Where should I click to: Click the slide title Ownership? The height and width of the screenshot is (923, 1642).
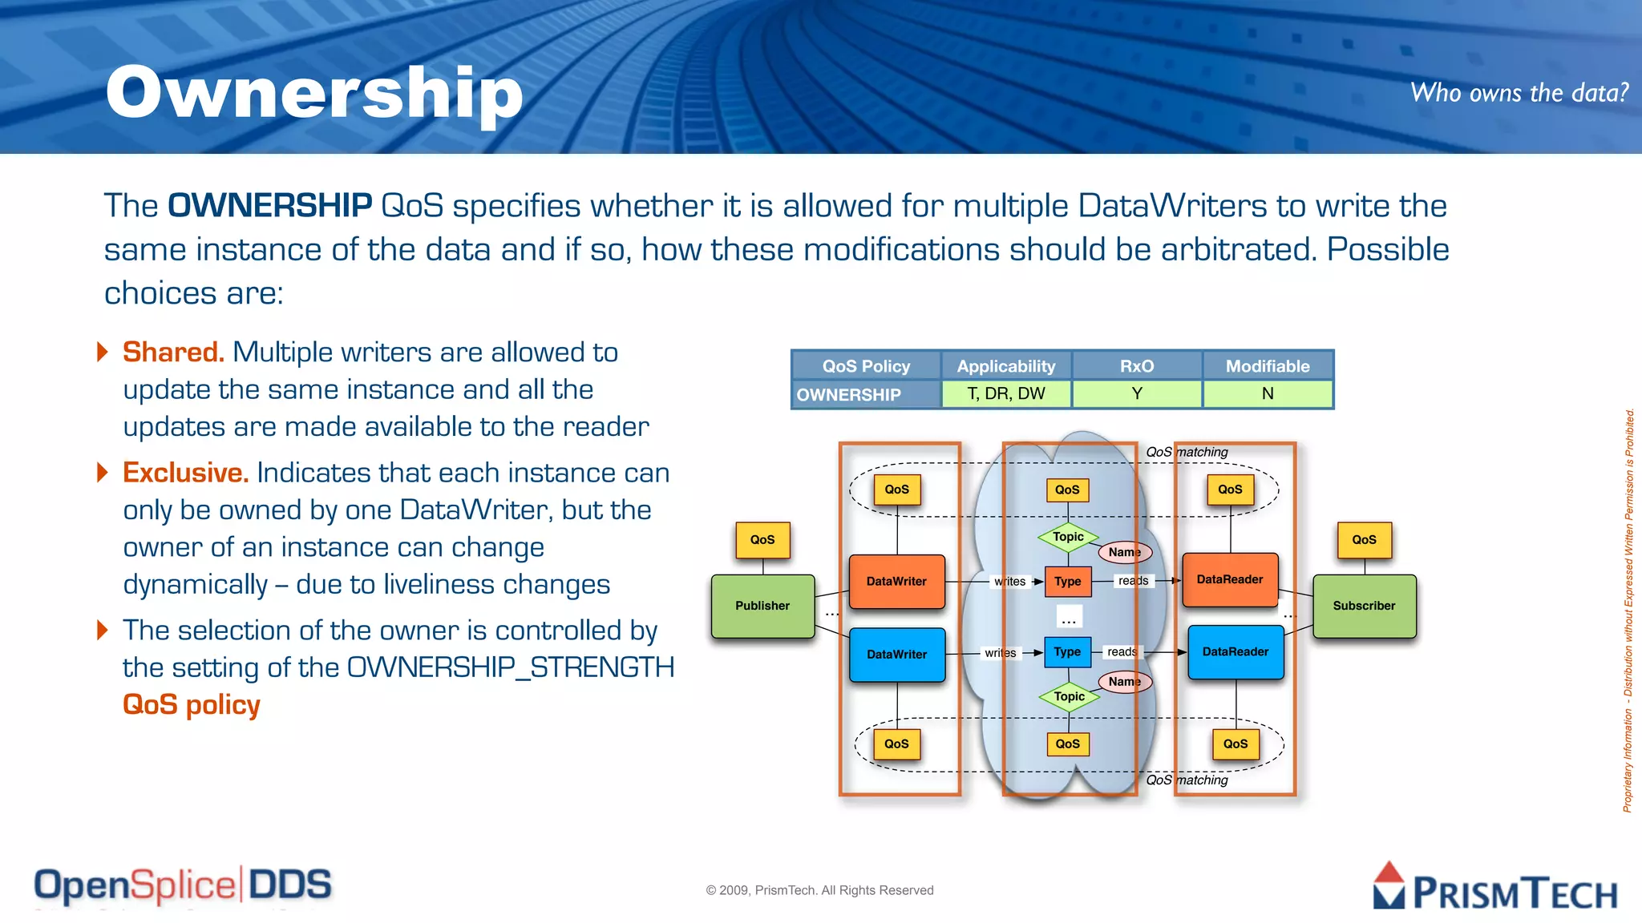coord(314,93)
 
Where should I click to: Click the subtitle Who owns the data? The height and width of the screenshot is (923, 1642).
coord(1519,93)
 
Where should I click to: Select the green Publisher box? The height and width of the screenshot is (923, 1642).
coord(762,606)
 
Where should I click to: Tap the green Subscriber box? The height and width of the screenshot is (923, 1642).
coord(1364,606)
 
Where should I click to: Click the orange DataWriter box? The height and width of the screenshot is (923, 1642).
coord(896,581)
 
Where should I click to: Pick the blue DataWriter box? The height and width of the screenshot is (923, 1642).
coord(896,654)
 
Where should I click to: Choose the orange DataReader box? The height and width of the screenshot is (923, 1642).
coord(1230,579)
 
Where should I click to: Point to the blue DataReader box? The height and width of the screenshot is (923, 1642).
coord(1235,651)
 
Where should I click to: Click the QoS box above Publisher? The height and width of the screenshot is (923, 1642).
coord(762,539)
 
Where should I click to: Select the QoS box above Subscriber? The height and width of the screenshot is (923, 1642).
coord(1364,539)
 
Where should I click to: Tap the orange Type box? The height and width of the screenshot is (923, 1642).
coord(1067,581)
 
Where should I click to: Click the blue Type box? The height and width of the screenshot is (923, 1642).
coord(1067,651)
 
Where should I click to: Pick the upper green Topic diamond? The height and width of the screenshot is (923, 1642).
coord(1068,537)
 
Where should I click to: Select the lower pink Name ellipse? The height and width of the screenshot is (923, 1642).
coord(1124,681)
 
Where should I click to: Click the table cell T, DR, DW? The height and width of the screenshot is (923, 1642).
coord(1006,393)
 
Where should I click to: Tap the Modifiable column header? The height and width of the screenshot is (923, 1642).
coord(1267,366)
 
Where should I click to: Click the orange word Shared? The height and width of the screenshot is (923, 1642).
coord(173,353)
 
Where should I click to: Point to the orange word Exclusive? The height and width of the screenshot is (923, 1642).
coord(185,473)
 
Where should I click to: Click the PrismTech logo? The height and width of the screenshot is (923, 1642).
coord(1495,888)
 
